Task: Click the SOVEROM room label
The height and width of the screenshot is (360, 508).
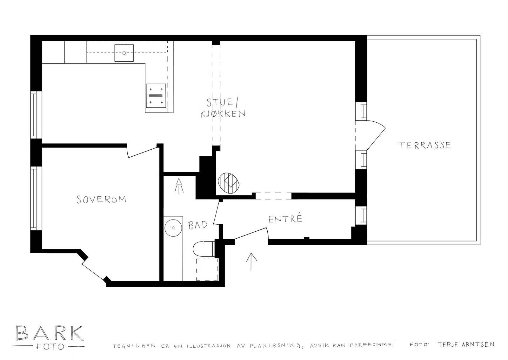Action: tap(102, 200)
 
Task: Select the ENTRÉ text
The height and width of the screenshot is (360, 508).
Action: tap(285, 219)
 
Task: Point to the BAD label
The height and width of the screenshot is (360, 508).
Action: tap(197, 225)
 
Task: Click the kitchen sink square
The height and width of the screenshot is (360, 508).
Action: tap(124, 53)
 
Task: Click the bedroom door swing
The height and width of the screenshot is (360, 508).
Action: tap(142, 151)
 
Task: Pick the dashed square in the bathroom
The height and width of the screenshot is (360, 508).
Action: tap(207, 269)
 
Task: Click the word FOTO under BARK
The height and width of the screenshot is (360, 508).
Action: tap(49, 346)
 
